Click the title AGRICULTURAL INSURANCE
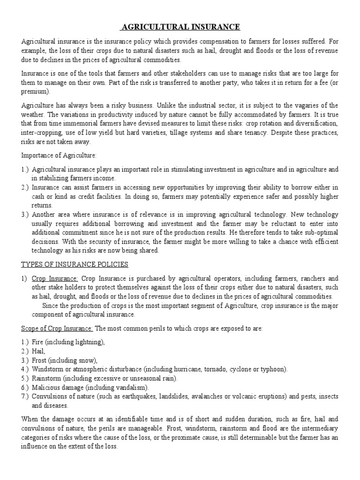pyautogui.click(x=180, y=27)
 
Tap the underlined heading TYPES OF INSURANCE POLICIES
pyautogui.click(x=75, y=264)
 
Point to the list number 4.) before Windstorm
pyautogui.click(x=25, y=369)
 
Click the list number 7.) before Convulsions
pyautogui.click(x=25, y=396)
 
